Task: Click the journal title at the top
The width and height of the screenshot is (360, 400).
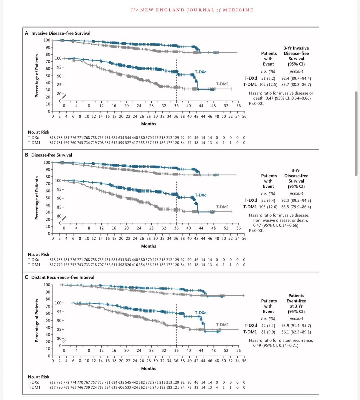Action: [x=192, y=10]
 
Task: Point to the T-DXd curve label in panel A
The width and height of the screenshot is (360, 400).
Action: [x=201, y=72]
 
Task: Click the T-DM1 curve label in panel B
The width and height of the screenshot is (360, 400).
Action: [x=222, y=207]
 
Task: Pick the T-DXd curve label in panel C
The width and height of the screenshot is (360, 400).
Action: [x=201, y=313]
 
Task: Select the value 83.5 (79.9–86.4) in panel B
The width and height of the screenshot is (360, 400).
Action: [x=296, y=207]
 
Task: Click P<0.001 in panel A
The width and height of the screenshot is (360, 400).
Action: [x=257, y=103]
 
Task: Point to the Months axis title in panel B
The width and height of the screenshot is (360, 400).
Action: [x=148, y=246]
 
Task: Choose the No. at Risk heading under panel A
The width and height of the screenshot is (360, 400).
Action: [x=39, y=132]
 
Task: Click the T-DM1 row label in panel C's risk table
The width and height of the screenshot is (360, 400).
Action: [x=34, y=387]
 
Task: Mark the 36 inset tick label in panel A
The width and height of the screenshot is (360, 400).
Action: [x=176, y=106]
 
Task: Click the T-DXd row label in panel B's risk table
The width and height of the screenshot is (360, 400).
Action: [x=34, y=260]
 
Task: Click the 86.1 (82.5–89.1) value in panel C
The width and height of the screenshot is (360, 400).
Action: [x=296, y=332]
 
